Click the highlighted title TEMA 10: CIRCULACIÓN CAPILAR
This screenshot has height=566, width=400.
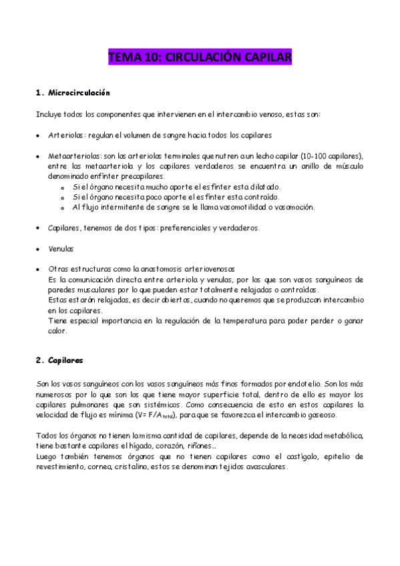(200, 59)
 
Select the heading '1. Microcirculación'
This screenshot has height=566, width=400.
(72, 92)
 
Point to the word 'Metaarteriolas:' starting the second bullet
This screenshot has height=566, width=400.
(73, 156)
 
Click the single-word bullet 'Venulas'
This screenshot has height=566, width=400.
(61, 248)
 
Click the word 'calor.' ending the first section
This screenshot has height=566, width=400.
(59, 331)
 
